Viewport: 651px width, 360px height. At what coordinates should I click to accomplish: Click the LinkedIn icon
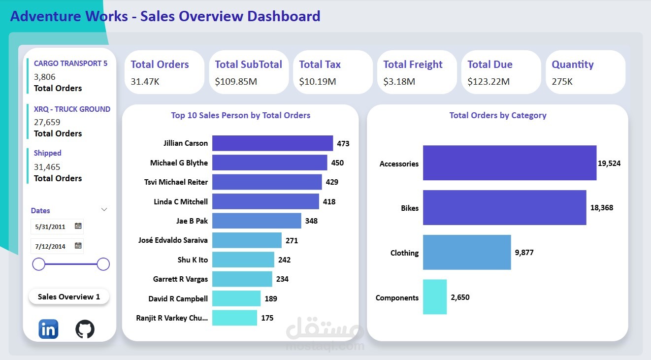coord(48,329)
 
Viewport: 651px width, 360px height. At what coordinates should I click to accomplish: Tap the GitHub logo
coord(85,329)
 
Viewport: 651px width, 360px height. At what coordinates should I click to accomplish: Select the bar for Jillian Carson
coord(272,143)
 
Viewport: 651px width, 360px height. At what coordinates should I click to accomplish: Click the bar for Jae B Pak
coord(257,221)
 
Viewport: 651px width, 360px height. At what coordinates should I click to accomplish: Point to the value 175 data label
coord(267,318)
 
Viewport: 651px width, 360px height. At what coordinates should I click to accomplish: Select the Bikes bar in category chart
coord(504,208)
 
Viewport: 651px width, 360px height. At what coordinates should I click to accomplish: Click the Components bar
coord(435,297)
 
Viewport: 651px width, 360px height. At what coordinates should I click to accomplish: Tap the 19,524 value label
coord(609,164)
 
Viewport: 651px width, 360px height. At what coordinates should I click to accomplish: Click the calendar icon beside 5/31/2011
coord(78,226)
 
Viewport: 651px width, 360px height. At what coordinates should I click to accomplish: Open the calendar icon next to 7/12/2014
coord(78,245)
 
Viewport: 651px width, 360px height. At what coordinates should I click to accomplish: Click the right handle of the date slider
coord(103,264)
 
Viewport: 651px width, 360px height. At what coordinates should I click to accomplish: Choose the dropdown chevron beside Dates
coord(104,210)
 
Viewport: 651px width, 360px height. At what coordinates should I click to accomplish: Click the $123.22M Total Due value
coord(488,82)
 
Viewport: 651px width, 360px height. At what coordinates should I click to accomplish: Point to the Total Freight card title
coord(413,65)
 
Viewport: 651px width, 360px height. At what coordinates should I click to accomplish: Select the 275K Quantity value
coord(562,82)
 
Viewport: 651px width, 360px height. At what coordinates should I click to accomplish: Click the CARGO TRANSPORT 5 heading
coord(70,64)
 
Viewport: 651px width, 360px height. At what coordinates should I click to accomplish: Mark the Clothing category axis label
coord(404,253)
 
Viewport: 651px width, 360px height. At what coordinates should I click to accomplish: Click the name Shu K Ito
coord(193,260)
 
